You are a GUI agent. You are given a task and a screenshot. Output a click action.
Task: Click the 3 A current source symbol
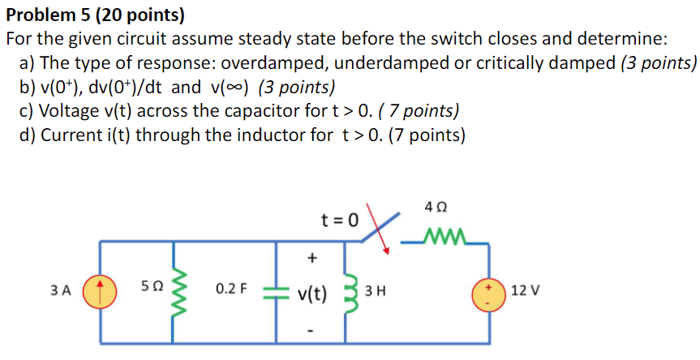(x=100, y=289)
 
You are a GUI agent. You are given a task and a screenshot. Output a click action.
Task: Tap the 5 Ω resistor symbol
(x=179, y=289)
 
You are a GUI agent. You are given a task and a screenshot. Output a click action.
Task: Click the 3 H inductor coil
(x=351, y=289)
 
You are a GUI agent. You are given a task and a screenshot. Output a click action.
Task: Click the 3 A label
(x=60, y=289)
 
